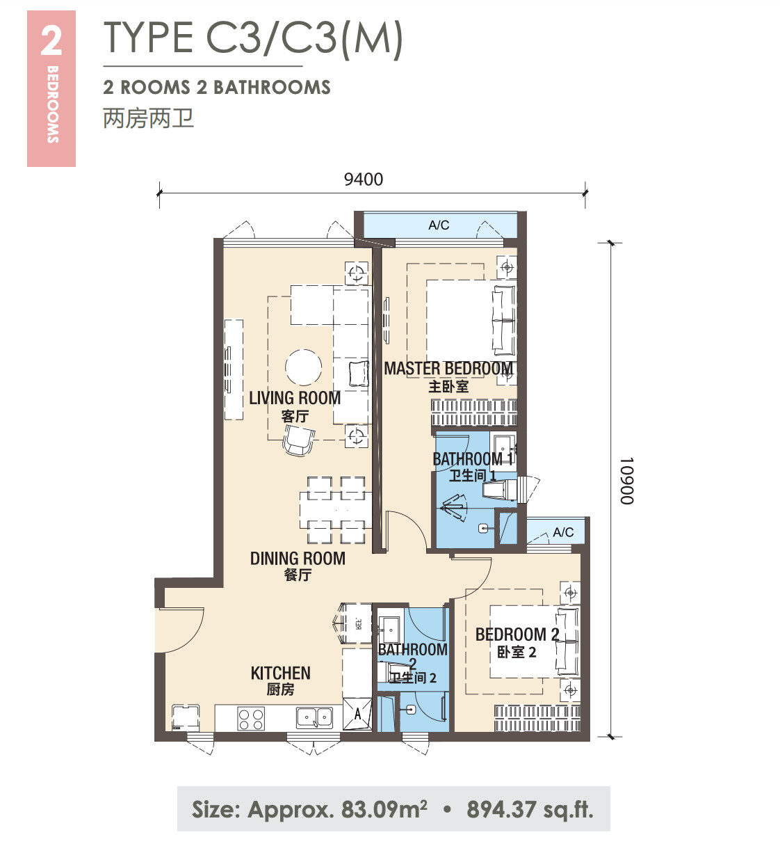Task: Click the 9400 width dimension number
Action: point(363,179)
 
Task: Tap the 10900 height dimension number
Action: point(627,481)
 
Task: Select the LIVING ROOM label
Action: point(295,398)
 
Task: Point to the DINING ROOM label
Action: point(298,559)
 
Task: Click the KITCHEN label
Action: point(281,673)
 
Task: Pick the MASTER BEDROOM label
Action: point(448,369)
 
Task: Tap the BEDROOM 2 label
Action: point(517,634)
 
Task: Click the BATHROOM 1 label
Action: point(473,458)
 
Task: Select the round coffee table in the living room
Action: point(303,367)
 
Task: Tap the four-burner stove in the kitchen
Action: point(251,719)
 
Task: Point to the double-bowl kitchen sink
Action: point(314,718)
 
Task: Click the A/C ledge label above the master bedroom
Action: point(439,225)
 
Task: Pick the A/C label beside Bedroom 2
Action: point(563,532)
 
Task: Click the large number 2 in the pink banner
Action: point(51,41)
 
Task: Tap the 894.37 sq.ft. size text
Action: point(530,809)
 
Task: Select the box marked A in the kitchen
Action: point(357,714)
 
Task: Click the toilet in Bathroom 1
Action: point(500,489)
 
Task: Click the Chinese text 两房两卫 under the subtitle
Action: point(149,118)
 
